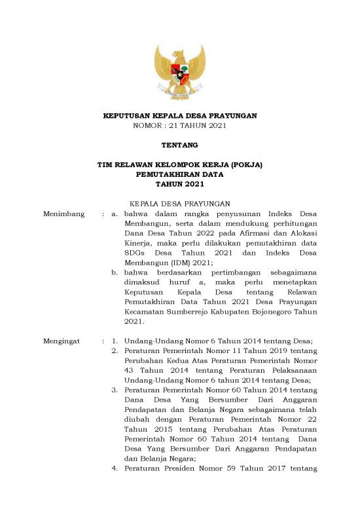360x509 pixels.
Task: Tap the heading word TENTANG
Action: pyautogui.click(x=180, y=144)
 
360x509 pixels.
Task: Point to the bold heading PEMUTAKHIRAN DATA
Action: pyautogui.click(x=180, y=175)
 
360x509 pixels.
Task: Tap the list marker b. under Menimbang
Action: pyautogui.click(x=115, y=271)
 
